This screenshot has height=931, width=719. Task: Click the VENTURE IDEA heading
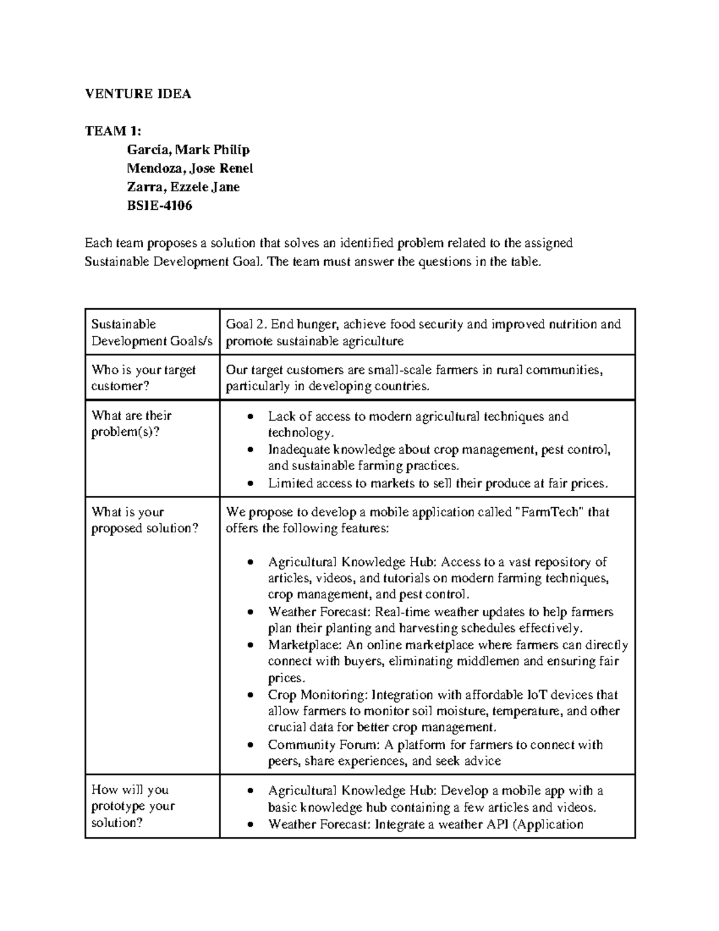tap(138, 94)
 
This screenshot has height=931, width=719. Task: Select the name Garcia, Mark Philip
tap(188, 149)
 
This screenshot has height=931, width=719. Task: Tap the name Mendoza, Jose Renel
tap(190, 168)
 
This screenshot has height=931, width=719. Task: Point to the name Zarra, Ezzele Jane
tap(183, 186)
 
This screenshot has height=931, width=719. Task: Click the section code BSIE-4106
tap(159, 206)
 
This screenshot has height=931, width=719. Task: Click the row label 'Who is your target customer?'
tap(143, 378)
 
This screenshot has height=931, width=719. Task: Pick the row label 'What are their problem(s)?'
tap(131, 424)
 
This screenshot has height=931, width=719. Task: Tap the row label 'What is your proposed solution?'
tap(144, 520)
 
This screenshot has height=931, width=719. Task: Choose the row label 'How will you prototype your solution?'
tap(133, 806)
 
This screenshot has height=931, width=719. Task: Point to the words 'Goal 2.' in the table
tap(246, 324)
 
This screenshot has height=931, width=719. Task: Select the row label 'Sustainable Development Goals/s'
tap(152, 332)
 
